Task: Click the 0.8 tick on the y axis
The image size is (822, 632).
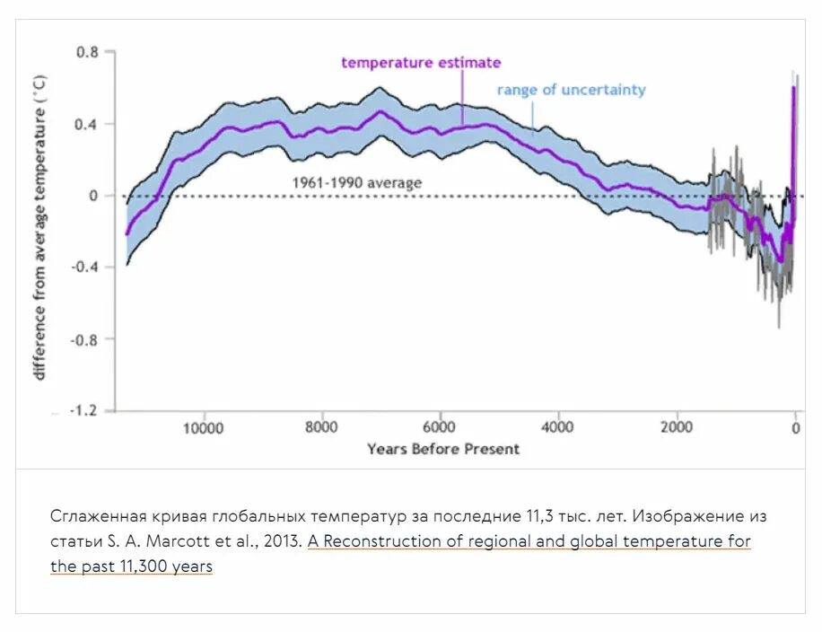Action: (x=87, y=52)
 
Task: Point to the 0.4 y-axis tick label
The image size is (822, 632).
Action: (x=87, y=124)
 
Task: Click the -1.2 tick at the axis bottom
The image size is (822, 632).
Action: (x=84, y=411)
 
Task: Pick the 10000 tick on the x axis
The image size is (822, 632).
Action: (x=204, y=428)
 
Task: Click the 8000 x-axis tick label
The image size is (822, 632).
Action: (x=321, y=428)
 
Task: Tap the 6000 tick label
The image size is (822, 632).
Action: (x=440, y=428)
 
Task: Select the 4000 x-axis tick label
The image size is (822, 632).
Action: (x=557, y=428)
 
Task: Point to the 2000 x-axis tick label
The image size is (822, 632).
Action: (x=676, y=428)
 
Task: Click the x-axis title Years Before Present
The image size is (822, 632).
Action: (x=442, y=449)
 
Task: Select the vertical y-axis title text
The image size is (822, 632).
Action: (x=39, y=226)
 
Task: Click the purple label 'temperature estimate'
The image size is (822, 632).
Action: (x=421, y=63)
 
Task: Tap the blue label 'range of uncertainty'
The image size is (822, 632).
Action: (x=571, y=90)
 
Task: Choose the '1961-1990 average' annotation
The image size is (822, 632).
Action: (x=356, y=183)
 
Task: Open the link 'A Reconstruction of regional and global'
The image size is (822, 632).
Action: (x=529, y=542)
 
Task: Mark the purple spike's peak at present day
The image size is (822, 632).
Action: (x=793, y=88)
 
